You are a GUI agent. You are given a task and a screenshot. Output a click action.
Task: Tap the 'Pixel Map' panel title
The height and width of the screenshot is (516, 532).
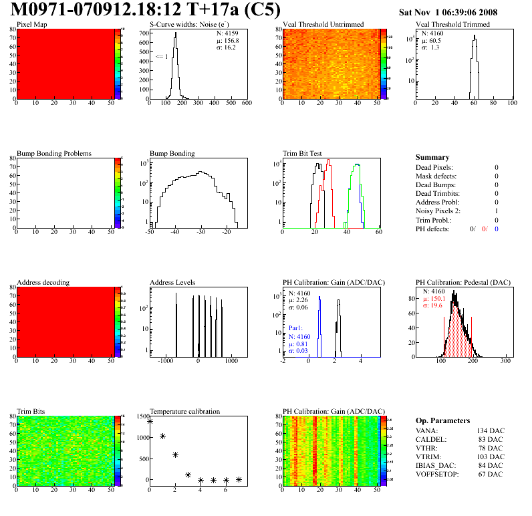[31, 25]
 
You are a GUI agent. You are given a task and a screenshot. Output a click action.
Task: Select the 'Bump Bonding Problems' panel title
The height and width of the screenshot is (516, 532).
[54, 153]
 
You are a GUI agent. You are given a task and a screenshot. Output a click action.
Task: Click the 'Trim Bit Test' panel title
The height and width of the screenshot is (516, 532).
[302, 153]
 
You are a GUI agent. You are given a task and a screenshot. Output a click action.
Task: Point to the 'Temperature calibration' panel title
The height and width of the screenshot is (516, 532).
[184, 411]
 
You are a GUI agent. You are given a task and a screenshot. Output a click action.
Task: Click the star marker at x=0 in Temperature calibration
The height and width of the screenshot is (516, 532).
[150, 421]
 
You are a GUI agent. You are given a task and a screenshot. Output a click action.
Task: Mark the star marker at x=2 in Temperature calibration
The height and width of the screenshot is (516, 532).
[175, 455]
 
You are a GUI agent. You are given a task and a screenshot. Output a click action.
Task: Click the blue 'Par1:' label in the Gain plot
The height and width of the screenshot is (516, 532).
[297, 329]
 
